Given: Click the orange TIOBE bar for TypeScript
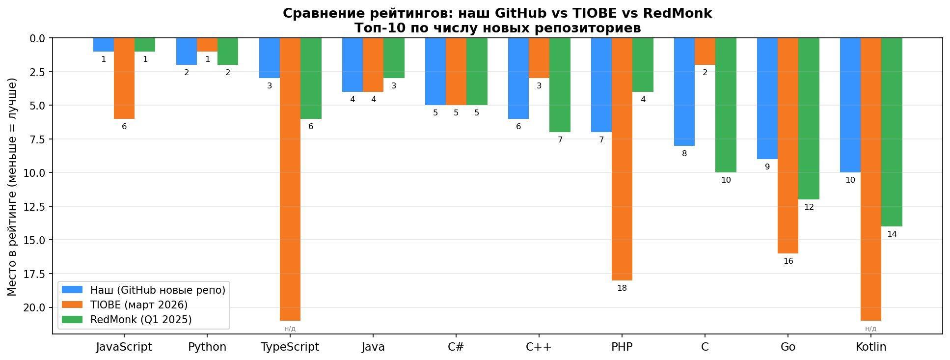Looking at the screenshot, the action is coord(290,179).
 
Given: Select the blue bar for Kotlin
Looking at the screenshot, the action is coord(850,105).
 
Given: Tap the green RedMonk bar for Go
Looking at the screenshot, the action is coord(809,118).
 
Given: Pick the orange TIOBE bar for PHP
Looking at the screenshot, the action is coord(622,159).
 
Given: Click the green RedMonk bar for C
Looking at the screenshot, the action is coord(726,105).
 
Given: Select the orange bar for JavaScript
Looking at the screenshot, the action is coord(124,78).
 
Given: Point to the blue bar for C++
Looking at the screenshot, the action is coord(518,78).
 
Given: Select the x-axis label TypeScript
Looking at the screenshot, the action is coord(290,347).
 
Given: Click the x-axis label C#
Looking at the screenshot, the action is coord(456,347).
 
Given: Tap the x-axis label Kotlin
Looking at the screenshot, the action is coord(871,347).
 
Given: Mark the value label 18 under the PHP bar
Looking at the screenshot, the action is coord(622,288).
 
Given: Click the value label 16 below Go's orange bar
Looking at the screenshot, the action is coord(788,261).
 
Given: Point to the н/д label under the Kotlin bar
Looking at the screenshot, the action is coord(870,329).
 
